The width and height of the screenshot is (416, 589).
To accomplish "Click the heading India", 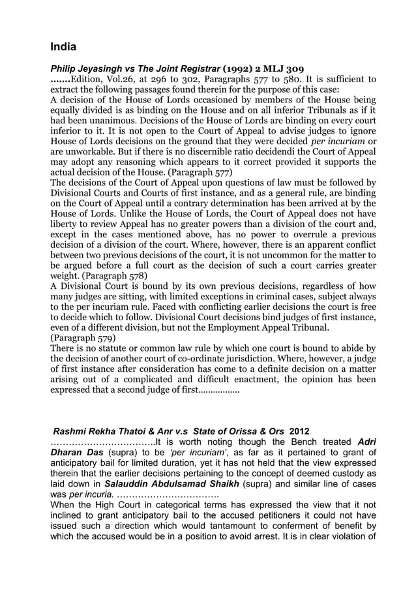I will (63, 47).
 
